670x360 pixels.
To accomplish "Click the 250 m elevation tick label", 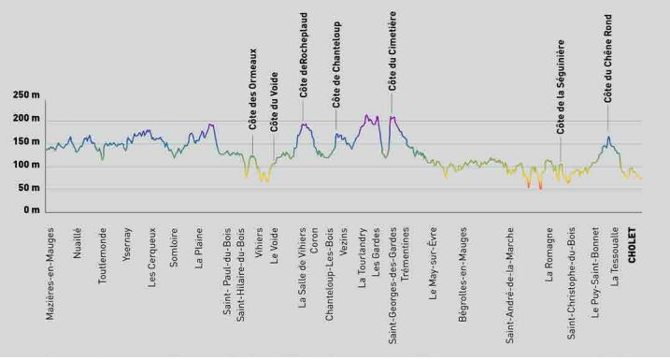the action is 26,94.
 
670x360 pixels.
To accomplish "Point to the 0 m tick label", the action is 31,210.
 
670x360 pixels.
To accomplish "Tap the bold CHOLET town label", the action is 632,245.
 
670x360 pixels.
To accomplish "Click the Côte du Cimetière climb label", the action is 392,50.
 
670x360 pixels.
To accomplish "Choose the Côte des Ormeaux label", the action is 252,89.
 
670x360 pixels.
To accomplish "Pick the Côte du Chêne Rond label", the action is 607,59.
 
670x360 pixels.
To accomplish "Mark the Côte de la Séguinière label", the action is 560,87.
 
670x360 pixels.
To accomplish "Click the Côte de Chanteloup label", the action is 336,65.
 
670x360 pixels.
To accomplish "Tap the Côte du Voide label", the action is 274,102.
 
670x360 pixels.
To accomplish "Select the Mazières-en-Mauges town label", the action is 50,274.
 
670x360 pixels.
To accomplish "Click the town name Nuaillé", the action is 78,243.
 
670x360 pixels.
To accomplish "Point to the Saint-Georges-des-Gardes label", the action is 393,285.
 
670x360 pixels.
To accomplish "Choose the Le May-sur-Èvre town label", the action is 433,263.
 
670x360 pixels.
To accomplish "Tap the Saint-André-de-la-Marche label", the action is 509,285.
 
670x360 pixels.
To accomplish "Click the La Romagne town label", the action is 549,254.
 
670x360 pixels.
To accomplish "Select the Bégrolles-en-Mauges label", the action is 463,275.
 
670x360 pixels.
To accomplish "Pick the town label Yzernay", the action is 127,244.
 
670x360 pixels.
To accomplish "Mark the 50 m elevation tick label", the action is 29,188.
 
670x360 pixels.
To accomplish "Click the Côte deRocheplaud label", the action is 304,55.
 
